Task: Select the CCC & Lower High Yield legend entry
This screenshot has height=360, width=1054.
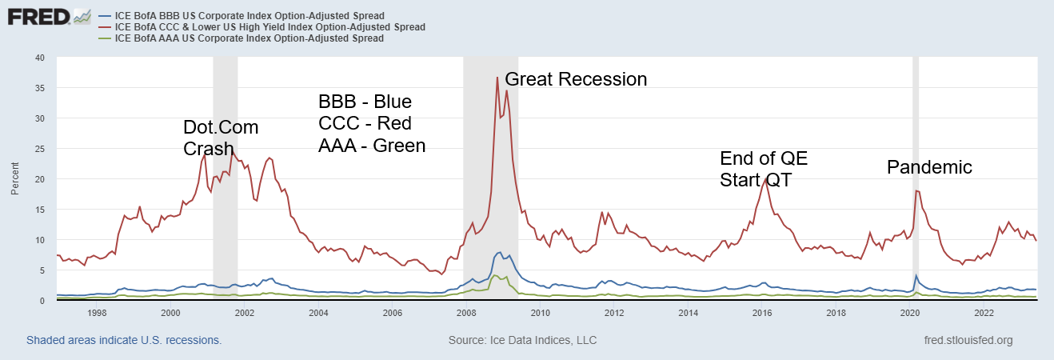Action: (269, 27)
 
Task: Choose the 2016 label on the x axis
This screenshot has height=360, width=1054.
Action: (762, 313)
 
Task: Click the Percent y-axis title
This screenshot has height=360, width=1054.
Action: (15, 179)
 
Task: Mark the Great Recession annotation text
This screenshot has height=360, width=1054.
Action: (576, 79)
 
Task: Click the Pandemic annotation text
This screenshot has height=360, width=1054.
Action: (929, 167)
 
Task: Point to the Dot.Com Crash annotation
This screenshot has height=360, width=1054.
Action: (221, 138)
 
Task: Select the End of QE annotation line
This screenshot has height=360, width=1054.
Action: (764, 158)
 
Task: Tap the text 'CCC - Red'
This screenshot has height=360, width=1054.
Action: (365, 124)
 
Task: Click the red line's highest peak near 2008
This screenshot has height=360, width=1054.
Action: (497, 78)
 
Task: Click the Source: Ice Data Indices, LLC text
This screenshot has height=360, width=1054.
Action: (523, 340)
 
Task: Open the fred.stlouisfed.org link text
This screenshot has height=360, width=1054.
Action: (968, 340)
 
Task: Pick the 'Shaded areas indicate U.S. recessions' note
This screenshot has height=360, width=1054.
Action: (124, 340)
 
